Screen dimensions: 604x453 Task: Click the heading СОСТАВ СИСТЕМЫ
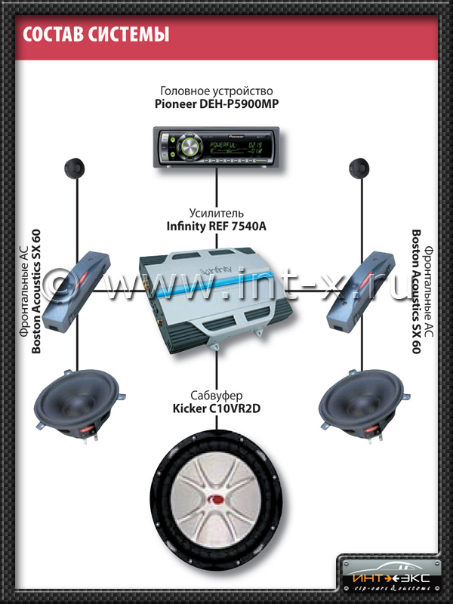pos(95,35)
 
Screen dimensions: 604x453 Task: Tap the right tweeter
pos(359,168)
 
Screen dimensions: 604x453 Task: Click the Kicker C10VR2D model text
pos(217,411)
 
